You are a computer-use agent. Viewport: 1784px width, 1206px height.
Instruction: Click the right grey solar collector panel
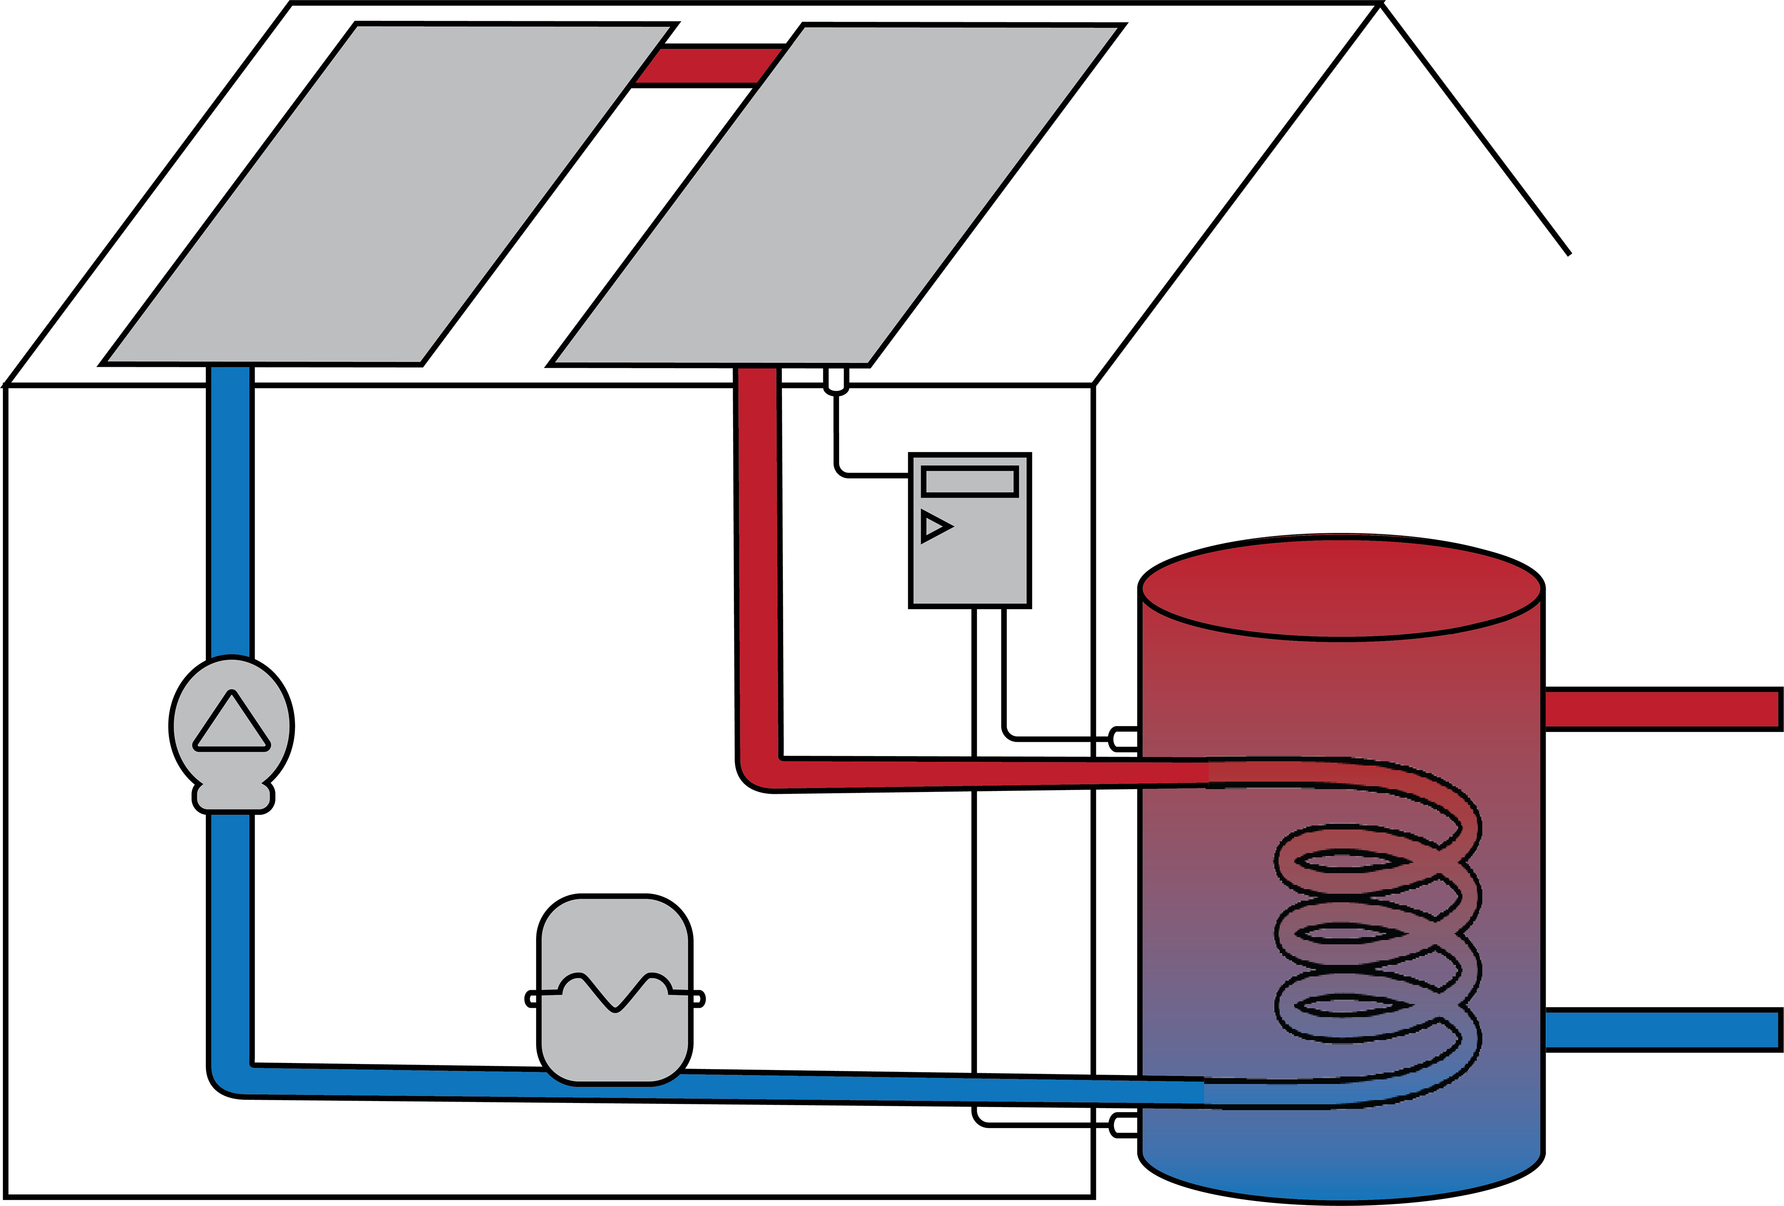pos(835,195)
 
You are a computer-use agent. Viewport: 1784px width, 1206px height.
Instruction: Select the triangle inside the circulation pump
pos(231,723)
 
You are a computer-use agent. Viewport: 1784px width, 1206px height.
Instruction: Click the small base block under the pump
pos(233,797)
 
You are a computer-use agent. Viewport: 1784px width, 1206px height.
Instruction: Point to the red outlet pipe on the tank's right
pos(1660,709)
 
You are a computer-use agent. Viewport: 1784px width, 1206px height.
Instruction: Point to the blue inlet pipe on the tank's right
pos(1660,1030)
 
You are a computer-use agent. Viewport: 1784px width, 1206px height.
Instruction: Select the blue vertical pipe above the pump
pos(230,510)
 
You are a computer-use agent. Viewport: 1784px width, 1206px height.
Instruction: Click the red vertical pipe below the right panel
pos(758,560)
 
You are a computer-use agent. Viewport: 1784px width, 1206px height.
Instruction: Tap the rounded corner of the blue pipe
pos(232,1078)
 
